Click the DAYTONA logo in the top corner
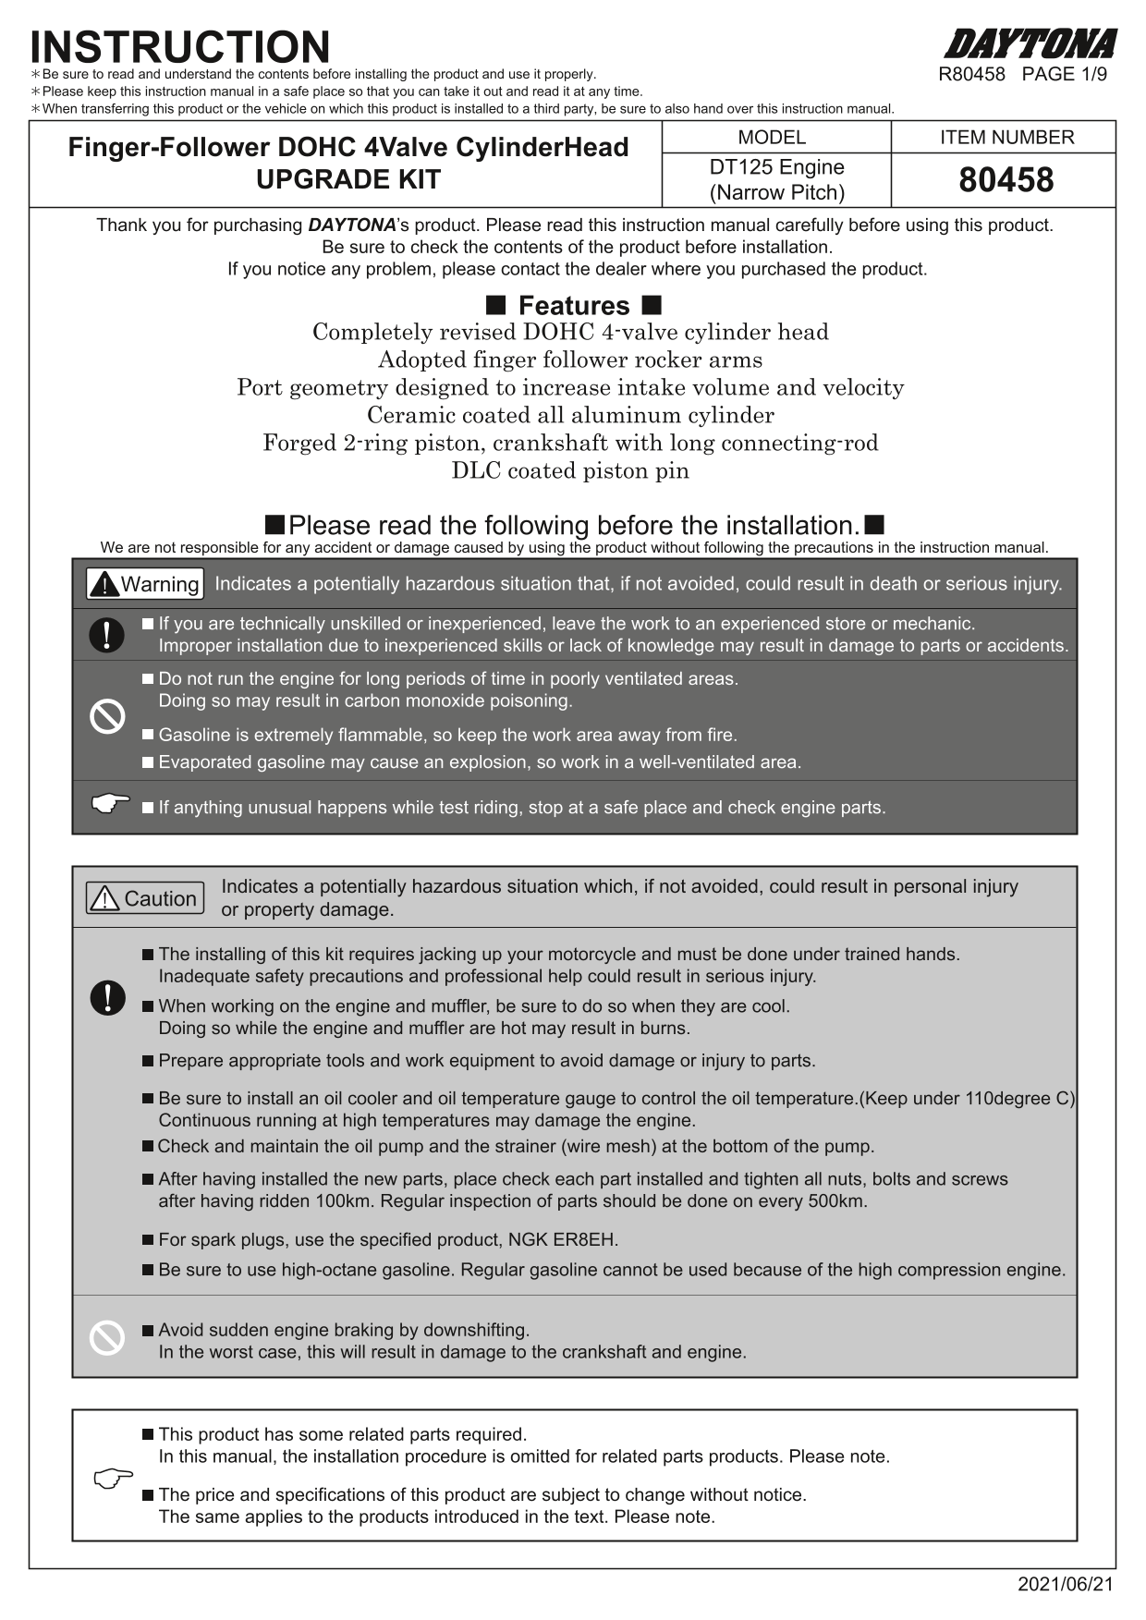[1030, 44]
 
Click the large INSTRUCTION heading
[180, 46]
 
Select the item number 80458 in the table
[1006, 179]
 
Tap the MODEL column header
[772, 138]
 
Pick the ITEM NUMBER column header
[1006, 138]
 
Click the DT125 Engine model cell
[776, 179]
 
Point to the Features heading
[573, 306]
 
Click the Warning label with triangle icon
[144, 584]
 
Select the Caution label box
[145, 898]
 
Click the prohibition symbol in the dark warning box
[107, 716]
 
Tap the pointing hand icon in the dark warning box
[111, 803]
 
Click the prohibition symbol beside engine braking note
[107, 1338]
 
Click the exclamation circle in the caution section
[108, 998]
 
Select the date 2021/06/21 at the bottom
[1066, 1585]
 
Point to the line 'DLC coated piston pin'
[570, 471]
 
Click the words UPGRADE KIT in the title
[348, 180]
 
